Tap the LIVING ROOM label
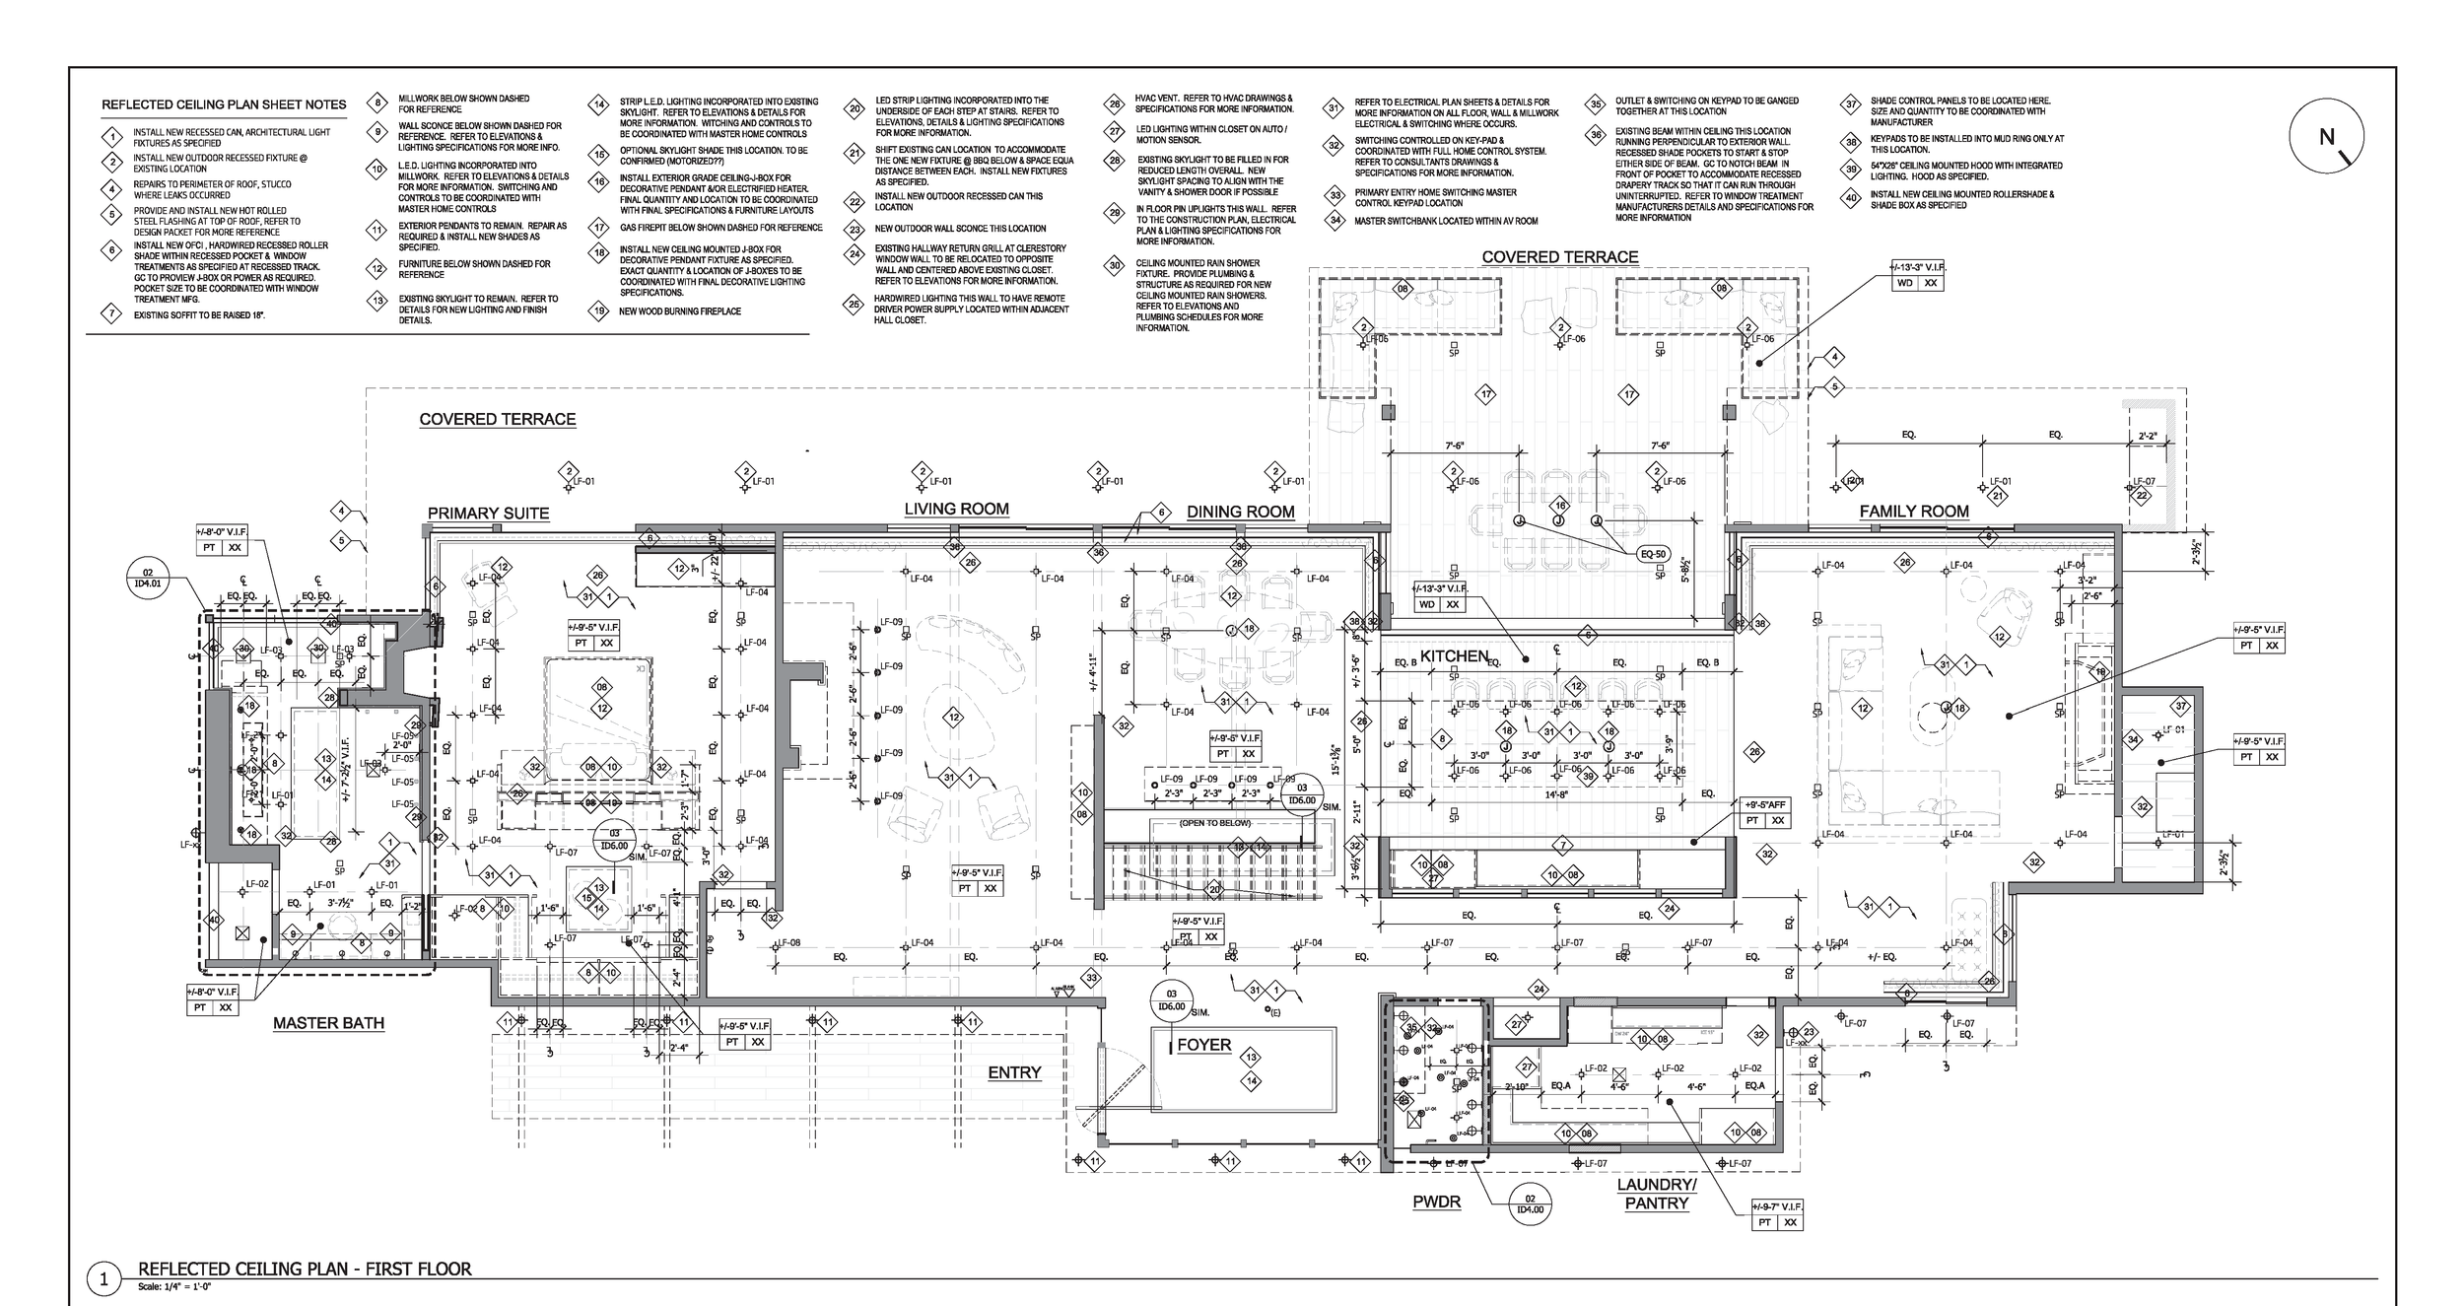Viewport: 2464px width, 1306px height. click(x=956, y=510)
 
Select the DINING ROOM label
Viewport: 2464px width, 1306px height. click(x=1240, y=512)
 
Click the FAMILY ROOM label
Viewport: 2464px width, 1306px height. click(x=1913, y=512)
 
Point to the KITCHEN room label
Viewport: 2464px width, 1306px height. click(x=1454, y=656)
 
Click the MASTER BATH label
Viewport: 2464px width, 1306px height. click(x=328, y=1023)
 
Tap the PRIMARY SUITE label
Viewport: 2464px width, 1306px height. click(x=488, y=514)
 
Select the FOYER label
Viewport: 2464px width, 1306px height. click(x=1203, y=1045)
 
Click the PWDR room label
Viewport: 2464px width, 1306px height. click(x=1436, y=1202)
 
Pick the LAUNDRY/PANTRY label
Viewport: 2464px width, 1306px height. click(x=1657, y=1194)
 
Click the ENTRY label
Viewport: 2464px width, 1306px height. click(x=1014, y=1072)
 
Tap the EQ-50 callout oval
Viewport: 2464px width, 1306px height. click(x=1653, y=555)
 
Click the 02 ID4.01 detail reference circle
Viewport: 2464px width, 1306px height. click(x=149, y=579)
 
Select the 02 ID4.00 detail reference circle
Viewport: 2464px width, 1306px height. click(x=1531, y=1203)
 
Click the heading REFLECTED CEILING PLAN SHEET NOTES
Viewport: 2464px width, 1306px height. click(x=224, y=104)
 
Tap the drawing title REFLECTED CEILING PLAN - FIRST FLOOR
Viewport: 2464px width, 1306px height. click(x=305, y=1269)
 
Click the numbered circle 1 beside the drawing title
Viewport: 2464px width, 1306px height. click(x=103, y=1279)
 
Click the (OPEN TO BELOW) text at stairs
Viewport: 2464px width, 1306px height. click(x=1214, y=823)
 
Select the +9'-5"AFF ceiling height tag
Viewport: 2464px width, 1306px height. click(x=1766, y=804)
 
